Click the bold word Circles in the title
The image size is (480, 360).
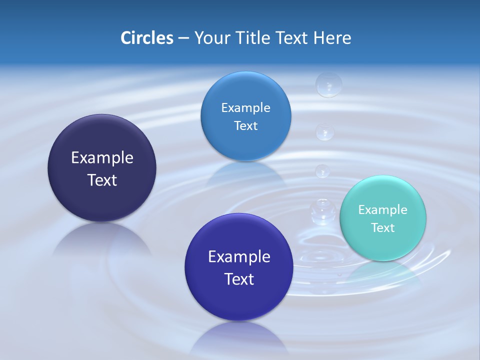tap(146, 38)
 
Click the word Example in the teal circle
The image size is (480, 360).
tap(382, 209)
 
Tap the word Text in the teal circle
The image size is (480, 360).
tap(382, 227)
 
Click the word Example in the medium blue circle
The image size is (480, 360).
tap(245, 107)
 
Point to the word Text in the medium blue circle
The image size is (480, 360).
tap(245, 125)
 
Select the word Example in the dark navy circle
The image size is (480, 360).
tap(102, 157)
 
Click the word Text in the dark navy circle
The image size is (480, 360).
tap(102, 180)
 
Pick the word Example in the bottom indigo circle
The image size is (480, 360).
tap(239, 256)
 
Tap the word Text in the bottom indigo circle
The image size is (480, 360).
tap(239, 279)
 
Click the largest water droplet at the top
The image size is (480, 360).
tap(328, 84)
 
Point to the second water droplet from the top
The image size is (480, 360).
tap(325, 131)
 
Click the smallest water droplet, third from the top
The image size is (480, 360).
tap(322, 170)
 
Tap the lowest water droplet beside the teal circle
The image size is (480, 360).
tap(320, 210)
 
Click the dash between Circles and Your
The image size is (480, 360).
tap(183, 38)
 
